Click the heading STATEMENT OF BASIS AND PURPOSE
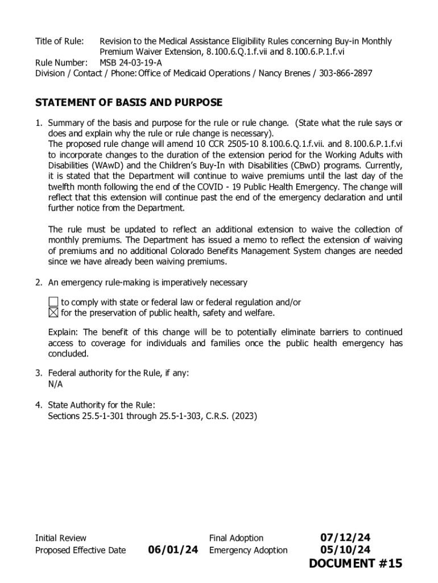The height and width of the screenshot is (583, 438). click(129, 103)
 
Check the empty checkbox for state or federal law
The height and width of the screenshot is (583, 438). click(53, 302)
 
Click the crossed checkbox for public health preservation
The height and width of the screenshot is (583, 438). click(53, 313)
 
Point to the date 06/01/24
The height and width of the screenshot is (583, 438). click(173, 550)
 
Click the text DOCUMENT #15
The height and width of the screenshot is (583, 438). click(356, 564)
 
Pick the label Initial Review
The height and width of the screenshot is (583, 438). click(61, 538)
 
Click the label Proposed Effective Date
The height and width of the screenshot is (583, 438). click(80, 551)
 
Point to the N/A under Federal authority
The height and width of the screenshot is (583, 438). click(55, 384)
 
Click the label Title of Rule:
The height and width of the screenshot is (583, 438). click(60, 42)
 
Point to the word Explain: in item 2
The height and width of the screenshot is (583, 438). click(64, 332)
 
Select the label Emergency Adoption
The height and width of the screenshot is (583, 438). click(248, 551)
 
